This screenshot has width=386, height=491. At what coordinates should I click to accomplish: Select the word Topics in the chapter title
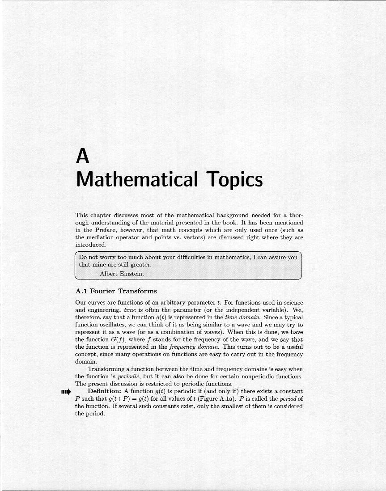pyautogui.click(x=234, y=180)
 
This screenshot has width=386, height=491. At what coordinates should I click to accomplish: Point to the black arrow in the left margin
pyautogui.click(x=66, y=392)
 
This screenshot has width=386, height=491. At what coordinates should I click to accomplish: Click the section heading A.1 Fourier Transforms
pyautogui.click(x=116, y=291)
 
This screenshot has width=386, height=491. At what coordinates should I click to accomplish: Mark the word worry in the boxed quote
pyautogui.click(x=111, y=258)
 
